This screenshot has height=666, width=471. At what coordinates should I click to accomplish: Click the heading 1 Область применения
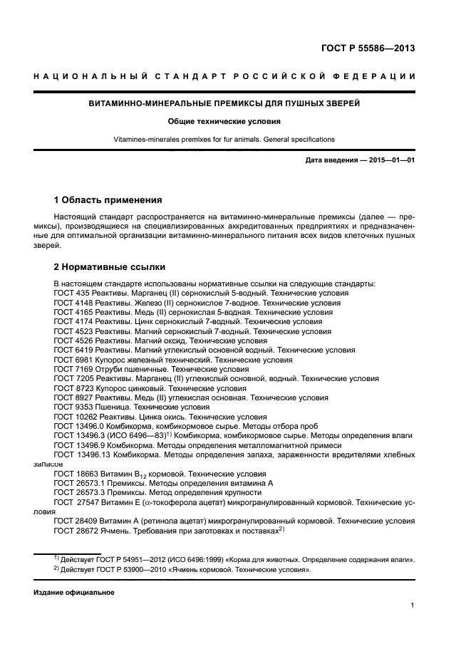point(108,199)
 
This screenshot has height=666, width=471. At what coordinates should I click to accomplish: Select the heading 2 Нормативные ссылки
point(110,267)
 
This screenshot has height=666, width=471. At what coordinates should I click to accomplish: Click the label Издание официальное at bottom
point(74,593)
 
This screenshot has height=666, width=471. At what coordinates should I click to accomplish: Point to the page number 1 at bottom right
point(413,605)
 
